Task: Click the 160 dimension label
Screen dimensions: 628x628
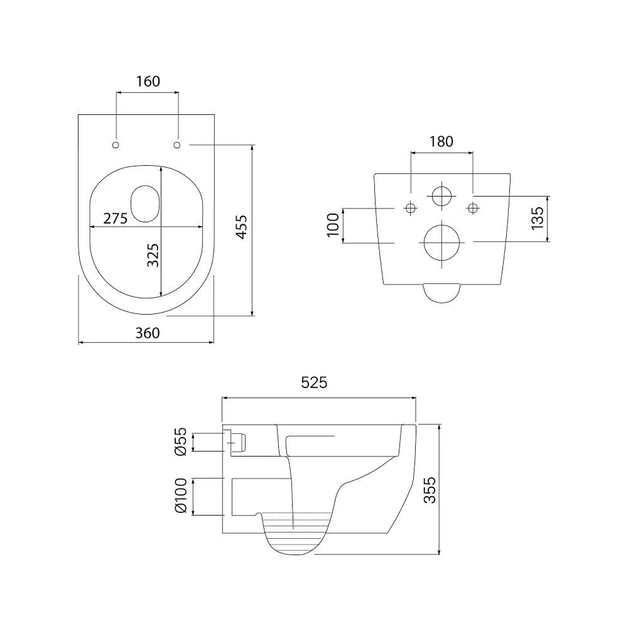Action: (x=148, y=81)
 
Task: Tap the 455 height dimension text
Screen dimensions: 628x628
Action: (x=241, y=227)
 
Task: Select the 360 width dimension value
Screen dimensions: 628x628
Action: (x=148, y=333)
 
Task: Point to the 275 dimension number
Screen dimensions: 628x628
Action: (x=116, y=219)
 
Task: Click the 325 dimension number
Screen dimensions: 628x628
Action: (x=153, y=255)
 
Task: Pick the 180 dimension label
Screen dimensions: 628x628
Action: (x=441, y=141)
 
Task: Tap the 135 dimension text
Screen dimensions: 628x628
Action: (x=538, y=219)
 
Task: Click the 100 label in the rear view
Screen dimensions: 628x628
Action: (x=333, y=225)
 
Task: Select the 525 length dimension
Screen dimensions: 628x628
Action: (x=314, y=382)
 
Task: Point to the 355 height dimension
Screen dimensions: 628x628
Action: (x=430, y=489)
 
